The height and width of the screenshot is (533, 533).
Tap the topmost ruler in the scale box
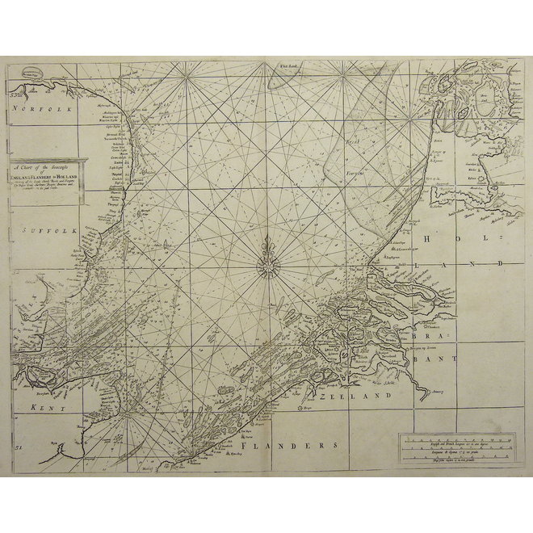[455, 439]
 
